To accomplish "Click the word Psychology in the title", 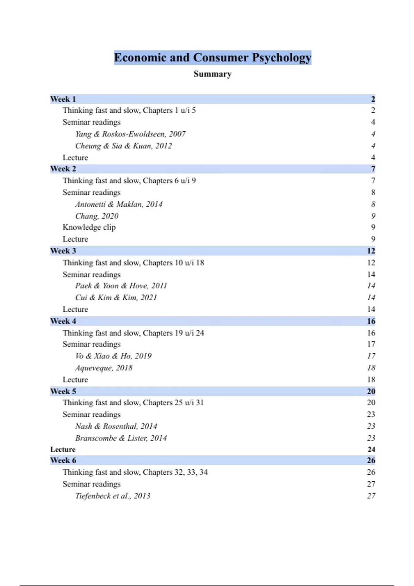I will click(281, 58).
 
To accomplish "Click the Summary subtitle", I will click(213, 74).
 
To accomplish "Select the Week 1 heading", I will click(63, 99).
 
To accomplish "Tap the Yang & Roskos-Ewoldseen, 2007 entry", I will click(130, 134).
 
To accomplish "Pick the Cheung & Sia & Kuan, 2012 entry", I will click(124, 146).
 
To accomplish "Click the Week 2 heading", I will click(63, 169).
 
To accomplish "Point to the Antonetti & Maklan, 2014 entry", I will click(119, 204).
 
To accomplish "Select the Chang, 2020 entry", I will click(97, 216).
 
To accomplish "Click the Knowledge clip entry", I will click(89, 228).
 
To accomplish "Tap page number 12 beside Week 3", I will click(371, 251).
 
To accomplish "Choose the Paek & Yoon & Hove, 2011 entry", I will click(121, 286).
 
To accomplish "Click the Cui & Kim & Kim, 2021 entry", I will click(116, 297).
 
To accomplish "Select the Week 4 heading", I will click(63, 321).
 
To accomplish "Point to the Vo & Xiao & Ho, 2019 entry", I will click(113, 356).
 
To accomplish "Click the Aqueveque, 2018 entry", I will click(103, 368).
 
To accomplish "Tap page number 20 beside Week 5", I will click(371, 392).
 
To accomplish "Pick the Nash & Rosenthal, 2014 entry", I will click(116, 426).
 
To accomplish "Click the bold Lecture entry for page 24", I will click(63, 449).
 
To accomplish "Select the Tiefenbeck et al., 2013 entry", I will click(112, 496).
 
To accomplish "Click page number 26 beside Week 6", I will click(371, 461).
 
